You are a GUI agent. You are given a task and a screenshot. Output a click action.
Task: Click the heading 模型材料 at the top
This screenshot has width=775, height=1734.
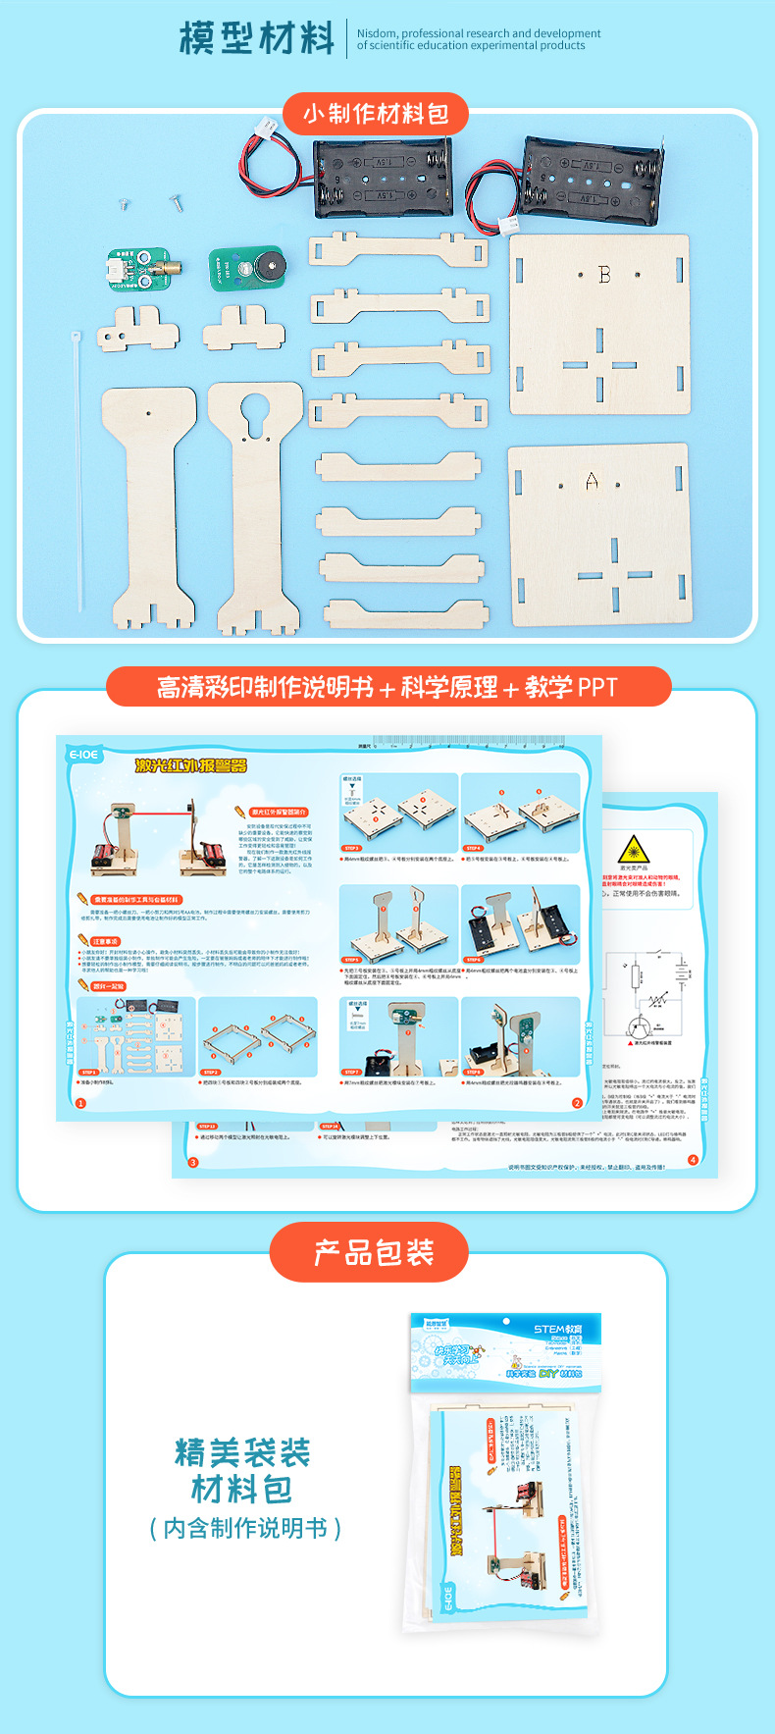pos(257,38)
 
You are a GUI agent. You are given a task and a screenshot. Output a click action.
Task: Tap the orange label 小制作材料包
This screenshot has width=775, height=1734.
pos(376,114)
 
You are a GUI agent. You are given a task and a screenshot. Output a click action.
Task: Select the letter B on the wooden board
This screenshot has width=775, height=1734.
pos(604,275)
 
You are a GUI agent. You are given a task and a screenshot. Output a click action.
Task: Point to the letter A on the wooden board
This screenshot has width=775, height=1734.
pos(592,481)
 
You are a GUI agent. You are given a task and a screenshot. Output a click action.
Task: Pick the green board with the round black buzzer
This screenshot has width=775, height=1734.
pos(247,268)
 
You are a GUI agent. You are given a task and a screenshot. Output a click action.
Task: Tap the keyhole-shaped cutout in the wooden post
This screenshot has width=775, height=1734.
pos(255,410)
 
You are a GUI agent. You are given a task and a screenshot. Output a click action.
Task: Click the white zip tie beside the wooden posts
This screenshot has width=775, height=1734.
pos(77,471)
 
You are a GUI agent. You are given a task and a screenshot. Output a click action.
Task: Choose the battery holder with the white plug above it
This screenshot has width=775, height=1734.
pos(382,178)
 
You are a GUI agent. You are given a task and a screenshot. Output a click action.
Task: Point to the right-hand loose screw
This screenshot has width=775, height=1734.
pos(177,202)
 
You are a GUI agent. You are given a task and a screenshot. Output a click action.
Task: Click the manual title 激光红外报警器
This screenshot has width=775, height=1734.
pos(191,765)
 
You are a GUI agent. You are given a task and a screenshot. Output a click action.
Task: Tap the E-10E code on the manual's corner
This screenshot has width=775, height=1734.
pos(83,755)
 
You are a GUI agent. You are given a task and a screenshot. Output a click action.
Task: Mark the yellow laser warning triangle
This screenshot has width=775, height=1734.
pos(634,850)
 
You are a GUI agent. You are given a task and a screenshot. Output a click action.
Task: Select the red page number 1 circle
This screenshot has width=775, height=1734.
pos(81,1103)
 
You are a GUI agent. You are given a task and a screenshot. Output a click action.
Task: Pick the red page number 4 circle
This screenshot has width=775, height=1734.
pos(693,1160)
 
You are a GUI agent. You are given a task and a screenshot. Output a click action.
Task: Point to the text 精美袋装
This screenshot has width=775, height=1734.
pos(242,1452)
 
